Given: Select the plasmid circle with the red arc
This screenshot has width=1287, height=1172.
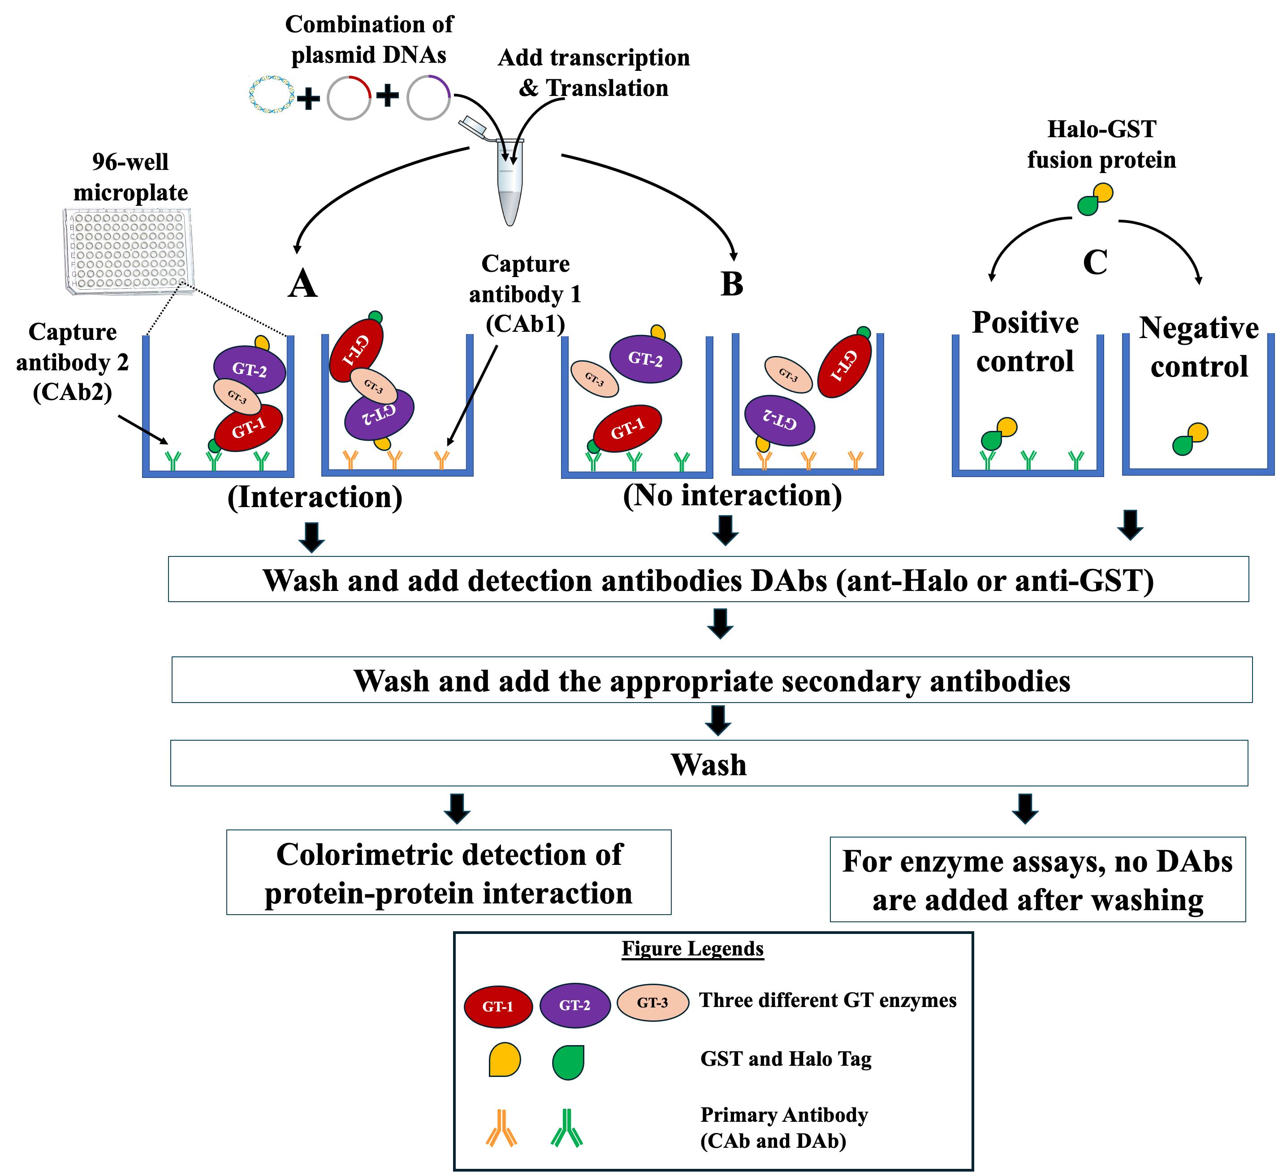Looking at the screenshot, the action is click(x=349, y=98).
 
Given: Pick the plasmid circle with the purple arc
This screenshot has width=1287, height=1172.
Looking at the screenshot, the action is click(x=428, y=98).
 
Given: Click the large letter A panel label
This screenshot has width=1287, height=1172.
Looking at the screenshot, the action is click(x=302, y=283).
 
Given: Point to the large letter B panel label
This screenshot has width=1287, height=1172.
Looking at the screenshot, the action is click(x=732, y=283).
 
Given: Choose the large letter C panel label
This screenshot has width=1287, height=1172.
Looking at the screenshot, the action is click(x=1095, y=262).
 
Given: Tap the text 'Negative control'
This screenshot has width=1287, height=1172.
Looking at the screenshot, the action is click(x=1199, y=347).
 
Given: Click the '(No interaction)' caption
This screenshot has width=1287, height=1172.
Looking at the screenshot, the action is click(x=732, y=495).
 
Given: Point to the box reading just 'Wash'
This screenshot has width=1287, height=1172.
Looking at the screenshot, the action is click(x=708, y=763).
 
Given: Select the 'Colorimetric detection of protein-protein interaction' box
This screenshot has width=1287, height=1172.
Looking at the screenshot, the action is click(x=449, y=872).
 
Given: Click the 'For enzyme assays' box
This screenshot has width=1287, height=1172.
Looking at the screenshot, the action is click(x=1037, y=880).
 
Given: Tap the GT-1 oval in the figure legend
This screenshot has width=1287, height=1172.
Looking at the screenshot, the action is click(x=498, y=1007).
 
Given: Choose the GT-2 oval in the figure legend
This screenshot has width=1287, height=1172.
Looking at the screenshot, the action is click(x=574, y=1005).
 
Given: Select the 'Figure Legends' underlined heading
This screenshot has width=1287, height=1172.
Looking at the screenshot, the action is click(x=693, y=949).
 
